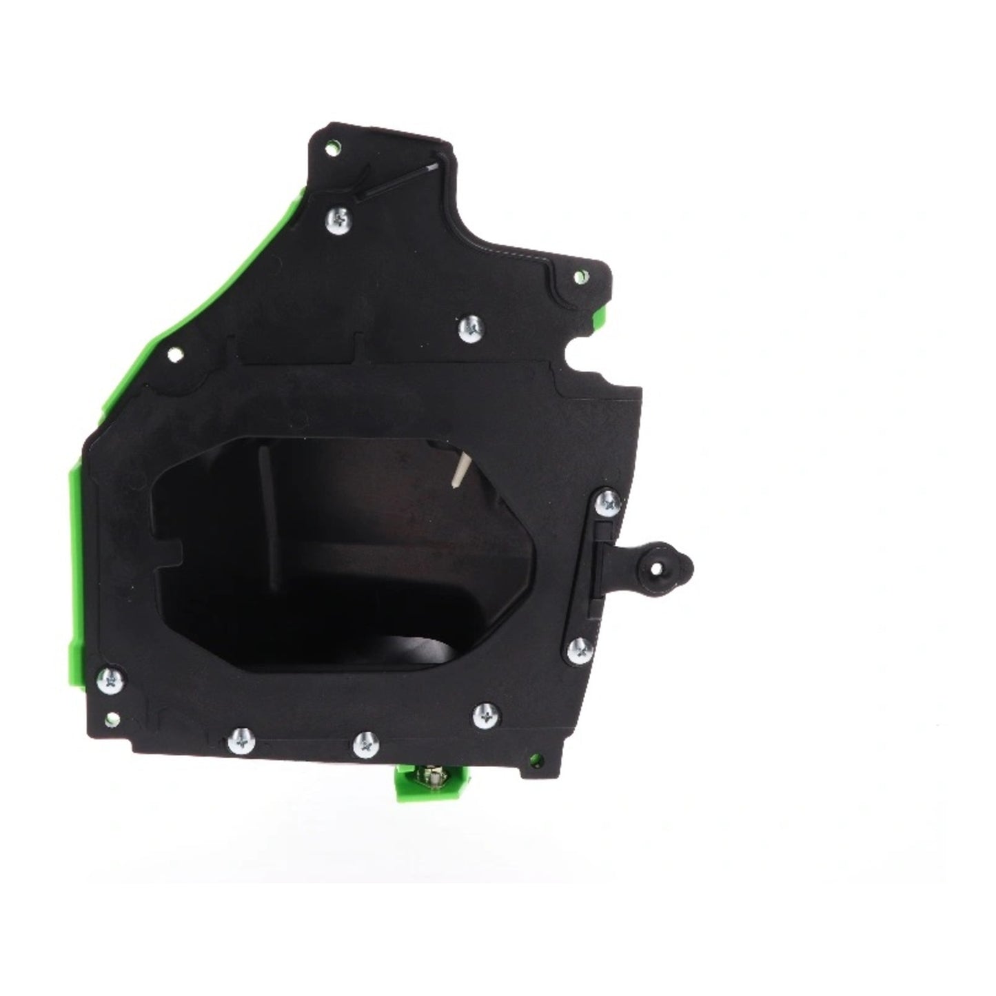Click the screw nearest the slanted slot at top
coord(340,220)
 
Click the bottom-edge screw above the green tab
coord(365,744)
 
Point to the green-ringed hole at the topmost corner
coord(334,147)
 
